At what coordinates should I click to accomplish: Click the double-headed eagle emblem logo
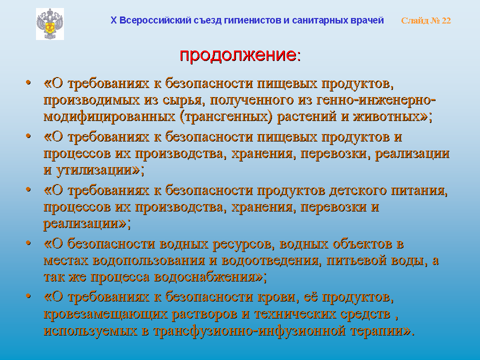[50, 24]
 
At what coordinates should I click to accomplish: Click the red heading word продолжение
[238, 55]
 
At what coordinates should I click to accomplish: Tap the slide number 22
[446, 20]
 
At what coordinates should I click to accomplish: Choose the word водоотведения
[270, 260]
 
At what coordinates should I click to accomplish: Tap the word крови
[277, 297]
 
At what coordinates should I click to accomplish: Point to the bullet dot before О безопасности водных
[28, 243]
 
